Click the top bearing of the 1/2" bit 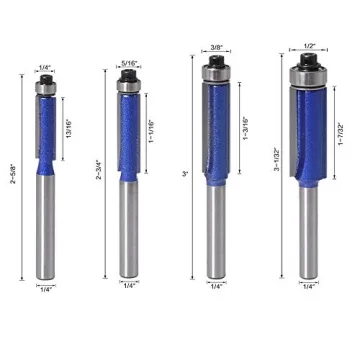click(307, 76)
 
